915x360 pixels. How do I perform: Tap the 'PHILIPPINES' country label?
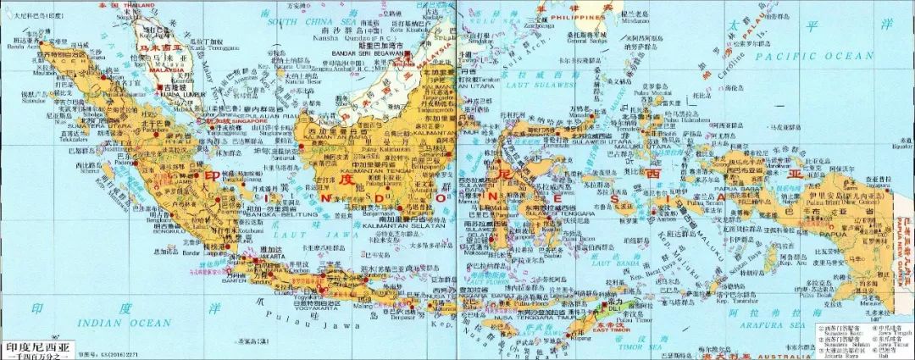pos(580,16)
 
